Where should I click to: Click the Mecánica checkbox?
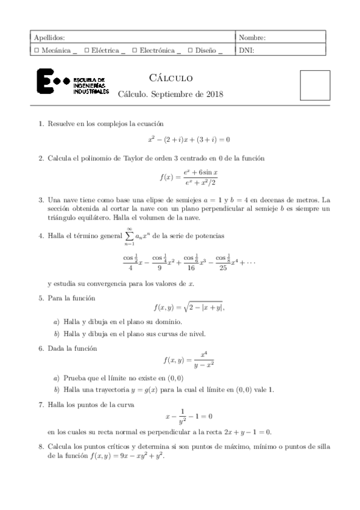(x=38, y=51)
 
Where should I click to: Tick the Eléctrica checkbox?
(x=88, y=51)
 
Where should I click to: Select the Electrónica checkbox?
(x=135, y=51)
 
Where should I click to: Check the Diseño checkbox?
(x=191, y=51)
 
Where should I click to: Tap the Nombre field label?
(x=252, y=38)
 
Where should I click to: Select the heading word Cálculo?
(x=170, y=78)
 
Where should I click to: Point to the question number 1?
(x=40, y=124)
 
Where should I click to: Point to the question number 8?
(x=40, y=447)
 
